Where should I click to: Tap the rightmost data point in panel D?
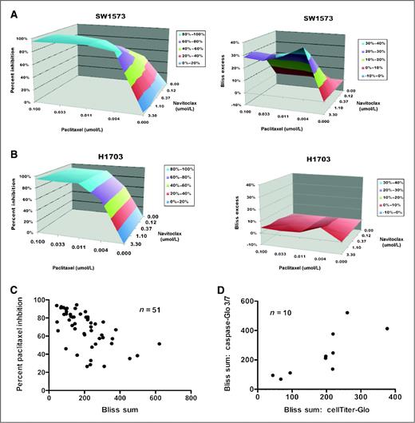pyautogui.click(x=387, y=328)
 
